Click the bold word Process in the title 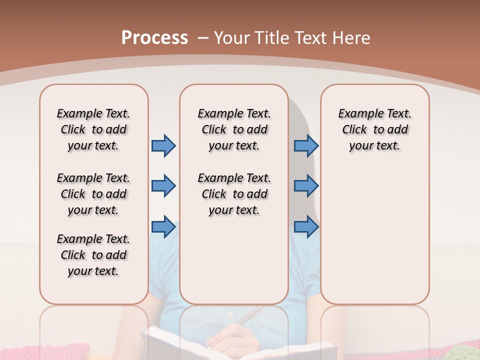154,38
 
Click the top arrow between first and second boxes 163,145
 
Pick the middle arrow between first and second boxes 163,186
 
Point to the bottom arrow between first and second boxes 163,227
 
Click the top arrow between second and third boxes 306,145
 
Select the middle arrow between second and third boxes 306,186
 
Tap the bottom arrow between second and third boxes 306,227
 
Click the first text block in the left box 93,129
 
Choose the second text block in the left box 93,194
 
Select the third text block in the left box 93,255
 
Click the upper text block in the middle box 234,129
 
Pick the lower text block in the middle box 234,194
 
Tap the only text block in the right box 374,129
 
